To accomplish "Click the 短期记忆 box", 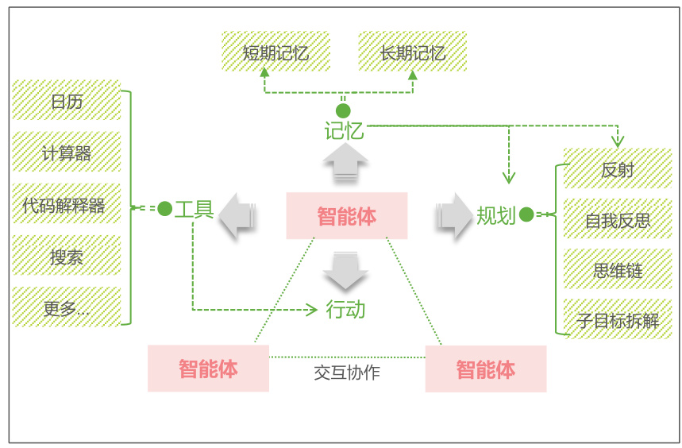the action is click(275, 52).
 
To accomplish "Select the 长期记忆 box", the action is click(412, 52).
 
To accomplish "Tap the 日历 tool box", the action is click(66, 100).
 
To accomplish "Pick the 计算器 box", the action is click(66, 152).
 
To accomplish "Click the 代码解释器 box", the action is click(66, 203).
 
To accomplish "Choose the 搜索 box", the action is click(66, 255).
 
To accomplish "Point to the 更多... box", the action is click(66, 307).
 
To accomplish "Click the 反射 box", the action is click(618, 168).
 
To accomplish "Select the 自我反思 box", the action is click(618, 218).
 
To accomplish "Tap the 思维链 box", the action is click(618, 269).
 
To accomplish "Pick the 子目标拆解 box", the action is click(618, 319).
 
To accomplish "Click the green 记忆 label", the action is click(344, 131).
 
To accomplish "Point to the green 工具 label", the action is click(194, 210).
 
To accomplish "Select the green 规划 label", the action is click(496, 215).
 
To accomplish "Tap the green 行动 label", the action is click(346, 310).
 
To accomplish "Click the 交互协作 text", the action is click(347, 373).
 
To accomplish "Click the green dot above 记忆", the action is click(343, 111).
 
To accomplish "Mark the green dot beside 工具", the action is click(165, 209).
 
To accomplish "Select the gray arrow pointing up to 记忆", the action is click(345, 162).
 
